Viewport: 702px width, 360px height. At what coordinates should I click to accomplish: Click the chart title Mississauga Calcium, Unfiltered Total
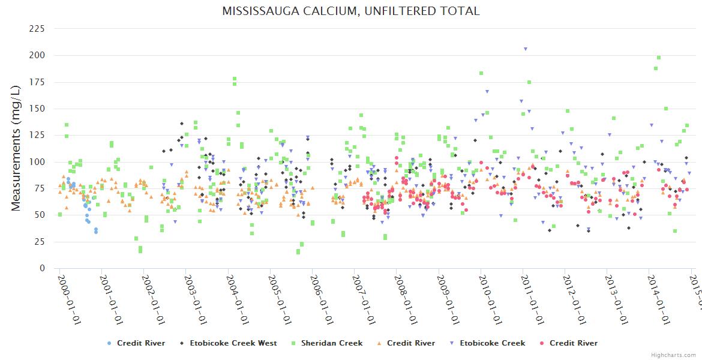(351, 11)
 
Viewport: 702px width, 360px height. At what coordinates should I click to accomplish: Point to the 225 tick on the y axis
(37, 29)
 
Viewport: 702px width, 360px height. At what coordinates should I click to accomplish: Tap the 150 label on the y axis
(37, 109)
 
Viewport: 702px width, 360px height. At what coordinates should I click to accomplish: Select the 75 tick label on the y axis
(40, 188)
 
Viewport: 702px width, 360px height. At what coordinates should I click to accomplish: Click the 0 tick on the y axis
(42, 269)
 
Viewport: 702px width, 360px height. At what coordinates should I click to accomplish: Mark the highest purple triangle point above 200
(526, 49)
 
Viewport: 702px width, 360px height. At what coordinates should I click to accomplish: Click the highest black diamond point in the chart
(182, 124)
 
